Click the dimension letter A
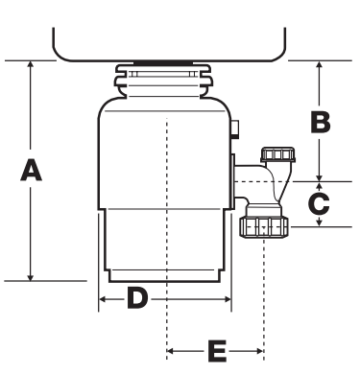tap(31, 171)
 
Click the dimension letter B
tap(321, 122)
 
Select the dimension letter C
tap(319, 203)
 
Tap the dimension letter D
tap(137, 298)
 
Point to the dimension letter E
tap(217, 351)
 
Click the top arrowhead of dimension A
tap(31, 63)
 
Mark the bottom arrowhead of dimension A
tap(31, 277)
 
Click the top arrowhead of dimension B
tap(319, 64)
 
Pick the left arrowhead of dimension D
tap(102, 299)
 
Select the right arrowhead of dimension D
tap(228, 299)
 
